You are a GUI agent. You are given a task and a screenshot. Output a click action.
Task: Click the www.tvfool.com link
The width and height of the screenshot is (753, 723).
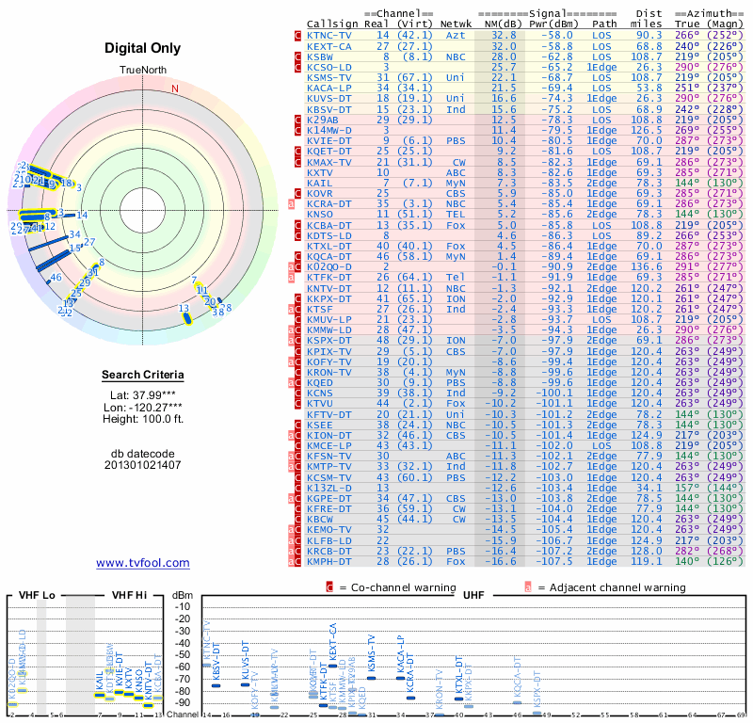[x=143, y=563]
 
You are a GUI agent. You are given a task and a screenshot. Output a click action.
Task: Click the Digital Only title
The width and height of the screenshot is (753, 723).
[x=143, y=48]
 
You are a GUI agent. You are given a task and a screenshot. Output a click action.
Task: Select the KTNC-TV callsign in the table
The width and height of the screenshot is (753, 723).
[x=329, y=34]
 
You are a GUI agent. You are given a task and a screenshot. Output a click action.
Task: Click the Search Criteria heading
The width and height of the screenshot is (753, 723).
[x=143, y=376]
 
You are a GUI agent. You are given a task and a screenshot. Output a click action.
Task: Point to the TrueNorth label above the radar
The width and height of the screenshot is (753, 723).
[x=143, y=71]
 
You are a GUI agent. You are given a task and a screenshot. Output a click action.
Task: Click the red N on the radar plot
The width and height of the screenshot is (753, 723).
[x=174, y=88]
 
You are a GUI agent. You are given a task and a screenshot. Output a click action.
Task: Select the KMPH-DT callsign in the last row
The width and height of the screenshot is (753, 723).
[x=329, y=561]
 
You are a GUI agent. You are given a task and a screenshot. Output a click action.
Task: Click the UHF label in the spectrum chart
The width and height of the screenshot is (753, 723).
[x=473, y=597]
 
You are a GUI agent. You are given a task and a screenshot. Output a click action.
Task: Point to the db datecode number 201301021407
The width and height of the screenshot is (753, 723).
[x=143, y=465]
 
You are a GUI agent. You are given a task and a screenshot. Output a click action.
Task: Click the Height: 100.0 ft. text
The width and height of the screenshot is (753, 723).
[x=143, y=421]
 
